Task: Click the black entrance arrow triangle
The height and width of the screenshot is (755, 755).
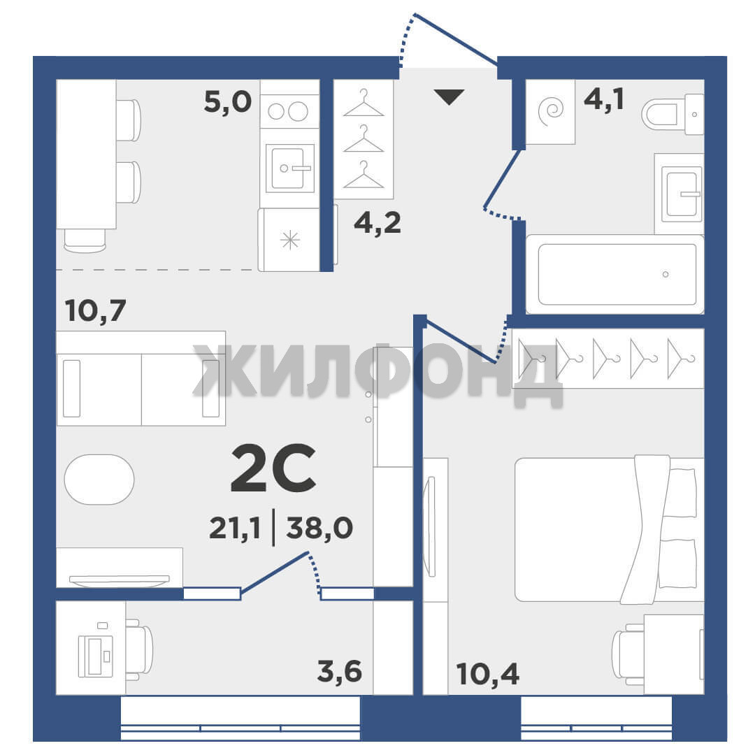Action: click(x=449, y=96)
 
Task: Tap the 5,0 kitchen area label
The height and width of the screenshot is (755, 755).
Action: click(x=228, y=102)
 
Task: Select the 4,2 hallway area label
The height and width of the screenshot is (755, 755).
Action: click(x=377, y=223)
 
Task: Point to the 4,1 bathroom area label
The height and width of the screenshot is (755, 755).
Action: click(x=604, y=100)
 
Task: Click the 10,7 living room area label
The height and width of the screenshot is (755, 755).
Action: click(x=95, y=310)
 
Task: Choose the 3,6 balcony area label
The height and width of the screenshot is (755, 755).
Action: click(x=340, y=671)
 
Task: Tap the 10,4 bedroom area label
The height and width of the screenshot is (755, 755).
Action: click(x=488, y=674)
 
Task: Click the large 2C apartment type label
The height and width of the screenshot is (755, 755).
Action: click(x=273, y=468)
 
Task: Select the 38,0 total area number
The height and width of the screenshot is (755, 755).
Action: click(x=319, y=528)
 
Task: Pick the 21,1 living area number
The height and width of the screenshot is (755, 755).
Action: click(x=235, y=528)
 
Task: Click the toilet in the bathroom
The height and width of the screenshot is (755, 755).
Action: click(x=673, y=114)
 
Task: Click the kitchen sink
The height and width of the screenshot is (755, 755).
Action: click(x=290, y=168)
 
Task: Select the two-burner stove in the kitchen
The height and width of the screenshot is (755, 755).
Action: click(x=289, y=111)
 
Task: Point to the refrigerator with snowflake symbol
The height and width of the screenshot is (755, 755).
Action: click(x=289, y=240)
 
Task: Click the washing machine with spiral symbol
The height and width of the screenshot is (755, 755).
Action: click(x=550, y=112)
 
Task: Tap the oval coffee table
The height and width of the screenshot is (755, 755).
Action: click(x=99, y=479)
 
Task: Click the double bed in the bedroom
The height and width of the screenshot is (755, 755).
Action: click(x=609, y=529)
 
